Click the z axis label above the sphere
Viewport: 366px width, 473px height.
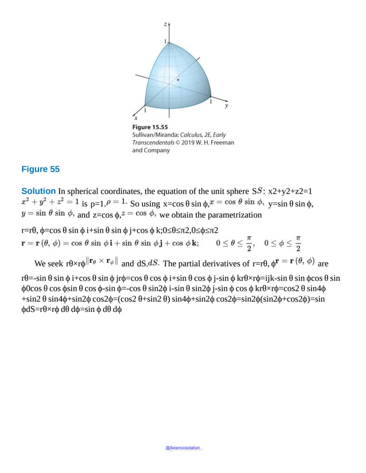coord(165,25)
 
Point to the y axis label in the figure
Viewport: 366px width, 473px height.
coord(227,106)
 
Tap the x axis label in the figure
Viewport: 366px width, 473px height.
coord(136,118)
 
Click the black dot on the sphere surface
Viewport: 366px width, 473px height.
coord(178,80)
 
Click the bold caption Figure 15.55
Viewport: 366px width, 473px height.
coord(150,127)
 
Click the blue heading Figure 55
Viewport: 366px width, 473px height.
coord(40,169)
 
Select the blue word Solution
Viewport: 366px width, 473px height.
coord(38,191)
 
